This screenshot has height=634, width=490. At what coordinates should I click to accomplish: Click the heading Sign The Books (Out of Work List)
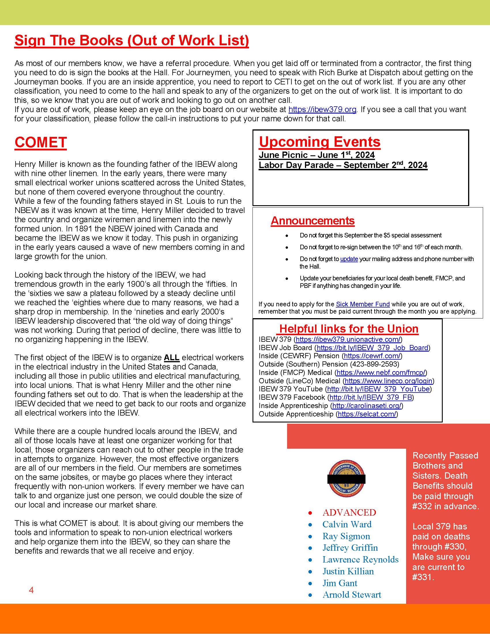click(131, 41)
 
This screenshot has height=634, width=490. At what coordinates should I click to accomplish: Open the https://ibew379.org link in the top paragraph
click(322, 110)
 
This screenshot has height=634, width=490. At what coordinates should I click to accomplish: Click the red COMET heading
click(41, 142)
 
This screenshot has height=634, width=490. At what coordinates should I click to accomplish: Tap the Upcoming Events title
click(320, 142)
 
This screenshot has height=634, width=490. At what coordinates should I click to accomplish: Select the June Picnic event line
click(316, 155)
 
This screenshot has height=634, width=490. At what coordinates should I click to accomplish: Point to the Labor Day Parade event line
click(343, 165)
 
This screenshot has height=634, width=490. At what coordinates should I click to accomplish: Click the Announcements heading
click(313, 221)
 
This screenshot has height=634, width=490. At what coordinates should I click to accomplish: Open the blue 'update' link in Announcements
click(349, 259)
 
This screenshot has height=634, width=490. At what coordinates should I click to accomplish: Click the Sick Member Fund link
click(363, 304)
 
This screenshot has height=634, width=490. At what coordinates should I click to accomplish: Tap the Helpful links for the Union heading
click(349, 329)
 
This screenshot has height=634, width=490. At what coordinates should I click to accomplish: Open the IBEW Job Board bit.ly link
click(372, 348)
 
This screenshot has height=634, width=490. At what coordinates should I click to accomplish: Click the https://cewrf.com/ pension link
click(372, 356)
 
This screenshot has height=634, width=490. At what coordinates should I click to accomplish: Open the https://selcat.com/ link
click(367, 414)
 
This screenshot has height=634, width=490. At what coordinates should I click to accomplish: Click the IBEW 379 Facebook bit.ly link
click(371, 397)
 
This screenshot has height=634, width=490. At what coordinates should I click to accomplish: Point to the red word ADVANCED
click(349, 513)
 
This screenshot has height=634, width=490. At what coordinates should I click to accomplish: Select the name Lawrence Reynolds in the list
click(361, 560)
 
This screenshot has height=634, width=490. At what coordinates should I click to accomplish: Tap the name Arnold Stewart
click(352, 595)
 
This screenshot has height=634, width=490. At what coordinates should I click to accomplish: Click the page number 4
click(31, 590)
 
